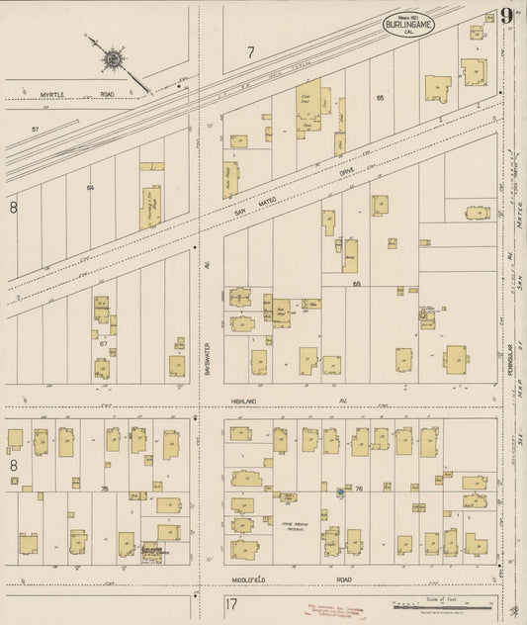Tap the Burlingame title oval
[408, 26]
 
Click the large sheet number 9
[505, 17]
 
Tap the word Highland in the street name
[244, 402]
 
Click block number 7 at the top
[250, 51]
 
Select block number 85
[379, 97]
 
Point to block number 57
[35, 131]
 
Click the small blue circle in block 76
[339, 491]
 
